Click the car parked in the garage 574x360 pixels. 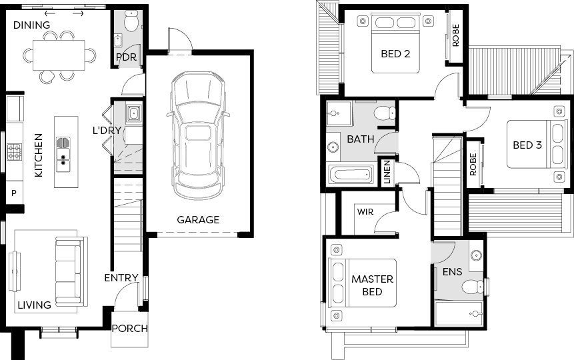(198, 135)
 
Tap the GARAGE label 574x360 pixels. (198, 220)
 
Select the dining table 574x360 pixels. (59, 55)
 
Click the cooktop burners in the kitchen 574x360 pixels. (14, 152)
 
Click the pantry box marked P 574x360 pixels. (14, 193)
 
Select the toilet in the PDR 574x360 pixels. (131, 21)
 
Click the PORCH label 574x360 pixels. (129, 329)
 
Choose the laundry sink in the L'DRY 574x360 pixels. (133, 113)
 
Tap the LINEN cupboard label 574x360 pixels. (387, 172)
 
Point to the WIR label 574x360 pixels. (365, 212)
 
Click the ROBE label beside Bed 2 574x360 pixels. (455, 35)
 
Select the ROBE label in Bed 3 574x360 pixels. (473, 165)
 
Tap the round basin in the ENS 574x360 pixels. (476, 255)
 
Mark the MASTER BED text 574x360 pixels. (372, 285)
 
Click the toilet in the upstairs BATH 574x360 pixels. (385, 113)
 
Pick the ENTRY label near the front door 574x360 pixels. (121, 278)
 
